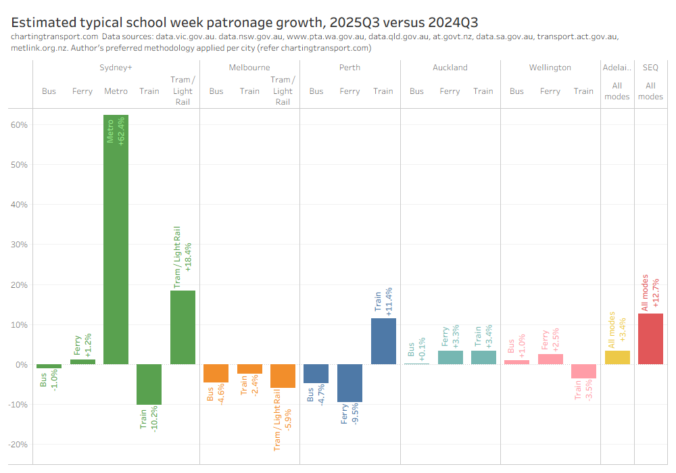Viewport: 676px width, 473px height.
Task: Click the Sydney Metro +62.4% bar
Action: pos(116,239)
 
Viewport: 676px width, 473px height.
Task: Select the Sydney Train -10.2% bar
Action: pos(149,384)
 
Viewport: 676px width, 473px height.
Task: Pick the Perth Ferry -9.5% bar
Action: pos(349,383)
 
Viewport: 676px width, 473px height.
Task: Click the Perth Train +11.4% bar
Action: pos(383,341)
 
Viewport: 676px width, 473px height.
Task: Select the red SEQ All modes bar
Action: pos(650,339)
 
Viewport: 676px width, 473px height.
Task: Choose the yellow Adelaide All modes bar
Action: pos(617,357)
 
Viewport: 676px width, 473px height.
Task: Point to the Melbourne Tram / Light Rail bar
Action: pos(283,376)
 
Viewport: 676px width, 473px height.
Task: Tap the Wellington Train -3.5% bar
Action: pos(583,372)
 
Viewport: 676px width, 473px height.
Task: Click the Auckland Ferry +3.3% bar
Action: pos(450,357)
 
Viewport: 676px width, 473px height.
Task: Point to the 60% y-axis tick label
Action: pos(18,125)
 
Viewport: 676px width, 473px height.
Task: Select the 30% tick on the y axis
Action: pos(18,245)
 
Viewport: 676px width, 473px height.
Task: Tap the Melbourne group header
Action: pos(249,68)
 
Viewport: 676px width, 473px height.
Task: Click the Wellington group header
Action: pos(550,68)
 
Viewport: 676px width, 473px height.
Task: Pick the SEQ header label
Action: pos(650,68)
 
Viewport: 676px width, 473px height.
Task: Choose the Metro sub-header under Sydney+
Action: pos(116,91)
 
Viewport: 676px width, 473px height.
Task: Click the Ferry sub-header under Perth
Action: pos(349,91)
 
